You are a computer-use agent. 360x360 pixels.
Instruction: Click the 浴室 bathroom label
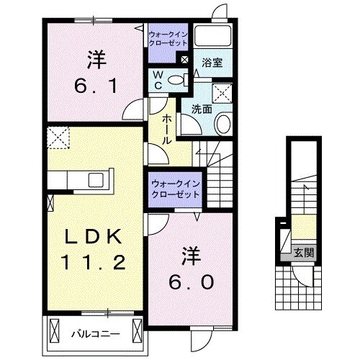pyautogui.click(x=212, y=63)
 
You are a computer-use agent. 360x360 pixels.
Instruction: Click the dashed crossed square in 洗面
pyautogui.click(x=222, y=91)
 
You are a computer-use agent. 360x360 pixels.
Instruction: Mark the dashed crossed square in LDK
pyautogui.click(x=56, y=135)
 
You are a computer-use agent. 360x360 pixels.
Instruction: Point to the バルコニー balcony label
pyautogui.click(x=94, y=333)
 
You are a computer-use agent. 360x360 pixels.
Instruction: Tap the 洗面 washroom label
pyautogui.click(x=202, y=110)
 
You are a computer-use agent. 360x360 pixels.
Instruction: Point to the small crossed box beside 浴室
pyautogui.click(x=184, y=60)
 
